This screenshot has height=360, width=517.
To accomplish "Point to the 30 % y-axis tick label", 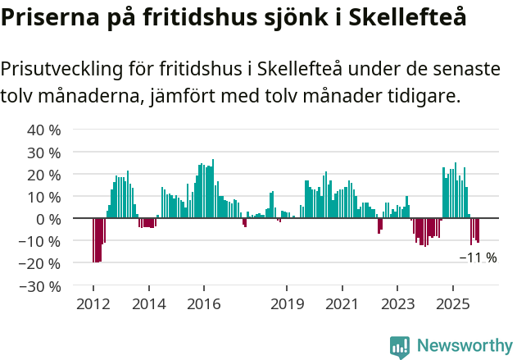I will (x=45, y=153).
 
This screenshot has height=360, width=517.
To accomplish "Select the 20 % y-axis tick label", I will (x=45, y=175).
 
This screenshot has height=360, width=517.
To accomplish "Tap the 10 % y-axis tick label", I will (x=45, y=197).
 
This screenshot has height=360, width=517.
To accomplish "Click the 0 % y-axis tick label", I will (x=49, y=219).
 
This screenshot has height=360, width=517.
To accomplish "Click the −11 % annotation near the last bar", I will (x=478, y=257).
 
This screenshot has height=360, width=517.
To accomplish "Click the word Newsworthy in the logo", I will (x=464, y=346).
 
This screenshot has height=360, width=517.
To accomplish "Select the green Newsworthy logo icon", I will (x=400, y=346).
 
